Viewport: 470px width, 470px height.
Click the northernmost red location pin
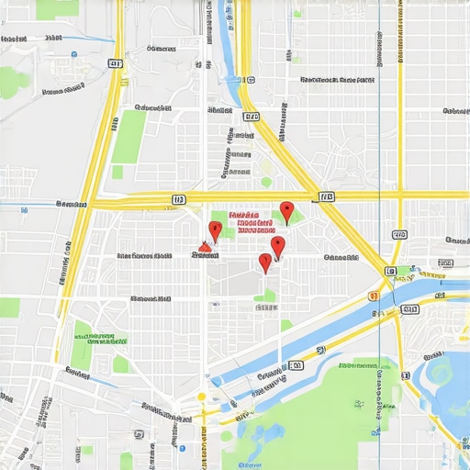click(286, 211)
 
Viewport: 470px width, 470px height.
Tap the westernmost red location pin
click(215, 229)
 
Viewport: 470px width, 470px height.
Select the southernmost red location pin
click(265, 263)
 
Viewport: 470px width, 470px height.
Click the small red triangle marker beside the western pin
click(205, 246)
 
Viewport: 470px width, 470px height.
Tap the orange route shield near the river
click(373, 297)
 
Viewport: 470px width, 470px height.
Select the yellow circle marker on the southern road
click(201, 397)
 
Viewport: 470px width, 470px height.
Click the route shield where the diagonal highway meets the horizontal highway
click(326, 196)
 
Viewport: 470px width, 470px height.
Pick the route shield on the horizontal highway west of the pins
click(178, 197)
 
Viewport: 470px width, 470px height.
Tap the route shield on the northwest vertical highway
click(114, 63)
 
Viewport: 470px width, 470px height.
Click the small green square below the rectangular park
click(117, 172)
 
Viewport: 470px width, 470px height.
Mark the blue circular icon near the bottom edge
click(182, 448)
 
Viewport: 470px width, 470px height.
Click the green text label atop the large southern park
click(358, 365)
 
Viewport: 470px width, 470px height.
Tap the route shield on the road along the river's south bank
click(296, 365)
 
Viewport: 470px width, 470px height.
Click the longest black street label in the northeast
click(338, 80)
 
